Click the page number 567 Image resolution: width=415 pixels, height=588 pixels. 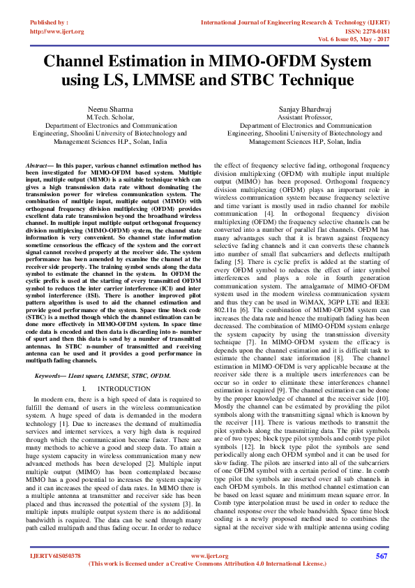pos(381,556)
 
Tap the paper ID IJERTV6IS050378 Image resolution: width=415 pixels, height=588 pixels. pos(55,556)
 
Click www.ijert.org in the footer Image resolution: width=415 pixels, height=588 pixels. pos(206,556)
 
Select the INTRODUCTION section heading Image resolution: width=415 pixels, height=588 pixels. pos(122,388)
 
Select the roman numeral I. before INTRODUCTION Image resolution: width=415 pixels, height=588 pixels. pos(84,388)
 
